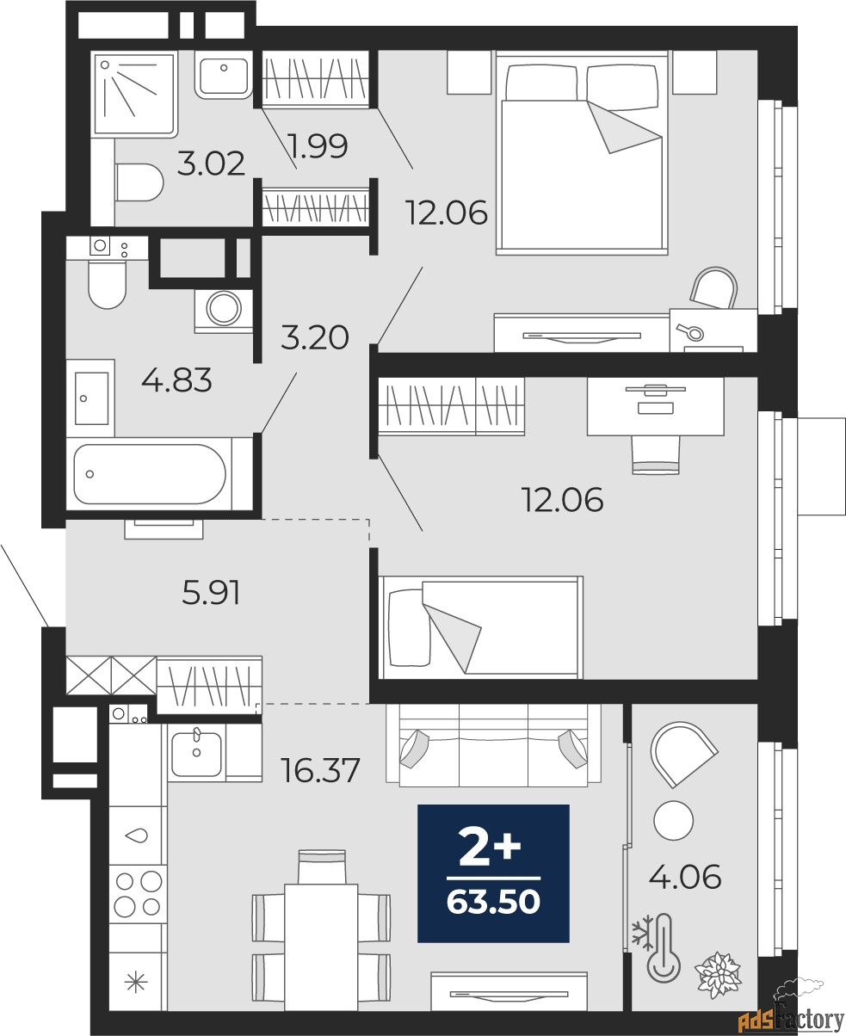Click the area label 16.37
321,768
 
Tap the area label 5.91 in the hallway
210,592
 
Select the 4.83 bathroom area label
176,379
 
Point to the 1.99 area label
318,147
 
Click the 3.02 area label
211,162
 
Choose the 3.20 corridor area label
315,337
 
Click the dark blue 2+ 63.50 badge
493,873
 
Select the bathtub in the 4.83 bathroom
151,474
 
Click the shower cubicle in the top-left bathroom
133,93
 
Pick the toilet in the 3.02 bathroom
139,182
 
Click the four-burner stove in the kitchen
138,892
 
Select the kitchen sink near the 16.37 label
197,753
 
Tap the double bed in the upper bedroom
582,153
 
